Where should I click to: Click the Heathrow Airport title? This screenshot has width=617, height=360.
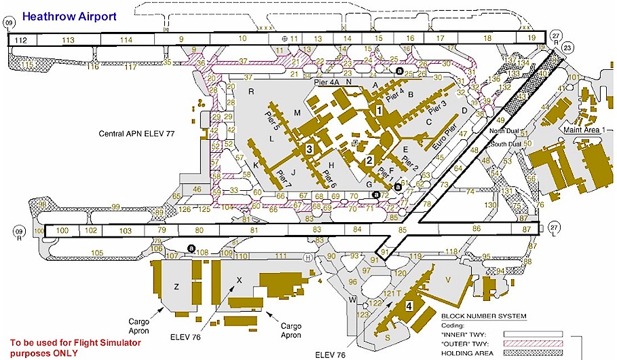pyautogui.click(x=69, y=14)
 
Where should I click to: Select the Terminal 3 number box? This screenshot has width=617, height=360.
pyautogui.click(x=309, y=148)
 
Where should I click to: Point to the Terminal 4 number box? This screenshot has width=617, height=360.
pyautogui.click(x=408, y=306)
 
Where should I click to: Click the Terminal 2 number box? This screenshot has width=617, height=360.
pyautogui.click(x=369, y=161)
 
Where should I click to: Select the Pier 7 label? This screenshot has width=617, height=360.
pyautogui.click(x=284, y=178)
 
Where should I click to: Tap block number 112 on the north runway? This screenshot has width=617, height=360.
pyautogui.click(x=20, y=40)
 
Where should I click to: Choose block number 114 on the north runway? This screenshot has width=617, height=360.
pyautogui.click(x=126, y=40)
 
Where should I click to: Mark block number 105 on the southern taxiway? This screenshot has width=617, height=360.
pyautogui.click(x=96, y=253)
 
